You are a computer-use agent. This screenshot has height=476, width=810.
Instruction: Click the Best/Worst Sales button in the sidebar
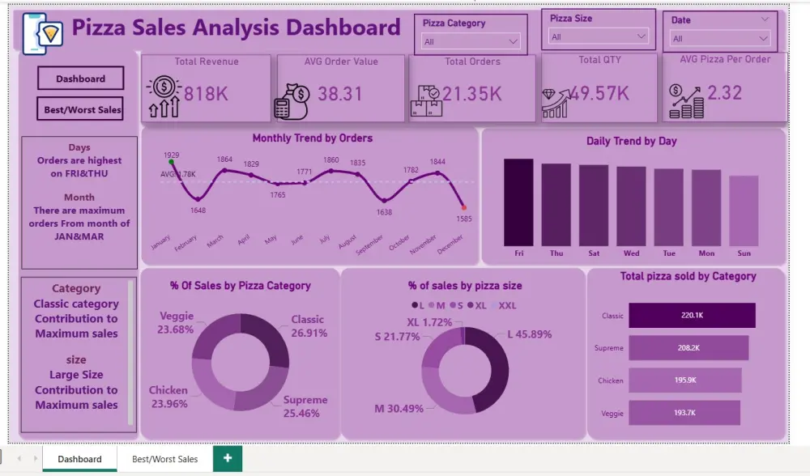click(80, 109)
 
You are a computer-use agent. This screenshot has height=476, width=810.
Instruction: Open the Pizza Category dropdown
click(471, 41)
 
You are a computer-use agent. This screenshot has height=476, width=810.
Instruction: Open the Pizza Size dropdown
click(599, 36)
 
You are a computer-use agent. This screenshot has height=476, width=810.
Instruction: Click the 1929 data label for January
click(171, 155)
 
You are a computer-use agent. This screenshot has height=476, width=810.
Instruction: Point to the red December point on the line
click(464, 208)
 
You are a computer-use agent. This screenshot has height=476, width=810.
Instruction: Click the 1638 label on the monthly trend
click(384, 212)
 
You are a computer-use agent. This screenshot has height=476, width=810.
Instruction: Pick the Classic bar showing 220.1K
click(692, 316)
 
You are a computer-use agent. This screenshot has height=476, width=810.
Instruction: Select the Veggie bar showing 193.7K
click(684, 413)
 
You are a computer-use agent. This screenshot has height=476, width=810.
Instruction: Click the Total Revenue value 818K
click(206, 94)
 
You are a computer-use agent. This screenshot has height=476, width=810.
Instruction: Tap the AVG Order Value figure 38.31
click(340, 94)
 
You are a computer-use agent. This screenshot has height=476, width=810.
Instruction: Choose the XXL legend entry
click(506, 305)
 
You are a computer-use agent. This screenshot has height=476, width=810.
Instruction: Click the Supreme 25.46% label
click(305, 406)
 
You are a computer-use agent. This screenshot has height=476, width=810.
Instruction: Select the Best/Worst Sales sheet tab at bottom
click(165, 459)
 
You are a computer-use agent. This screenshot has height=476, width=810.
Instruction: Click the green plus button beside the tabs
click(228, 458)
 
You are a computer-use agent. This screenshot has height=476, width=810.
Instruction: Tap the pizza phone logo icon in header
click(43, 32)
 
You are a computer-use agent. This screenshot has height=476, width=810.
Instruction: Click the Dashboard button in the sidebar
click(80, 79)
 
